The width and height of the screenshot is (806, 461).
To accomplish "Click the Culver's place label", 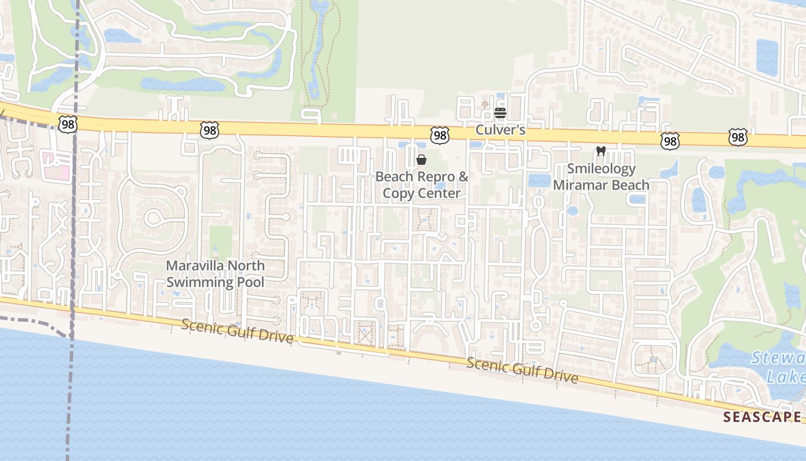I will (500, 130).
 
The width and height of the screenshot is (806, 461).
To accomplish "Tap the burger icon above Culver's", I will (500, 112).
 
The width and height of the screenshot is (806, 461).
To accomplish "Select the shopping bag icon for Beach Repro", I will (421, 160).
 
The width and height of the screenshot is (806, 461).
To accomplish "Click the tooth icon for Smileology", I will (601, 152).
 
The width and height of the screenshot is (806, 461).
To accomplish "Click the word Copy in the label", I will (398, 193).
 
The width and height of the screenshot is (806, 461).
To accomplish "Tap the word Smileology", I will (601, 169).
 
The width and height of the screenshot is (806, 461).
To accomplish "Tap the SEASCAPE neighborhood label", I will (762, 417).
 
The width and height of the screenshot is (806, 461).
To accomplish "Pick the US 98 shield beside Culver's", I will (440, 135).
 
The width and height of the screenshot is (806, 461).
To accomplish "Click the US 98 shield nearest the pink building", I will (67, 123).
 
